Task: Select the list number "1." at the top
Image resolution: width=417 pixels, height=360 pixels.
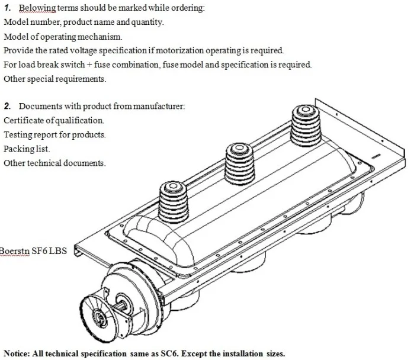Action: [8, 8]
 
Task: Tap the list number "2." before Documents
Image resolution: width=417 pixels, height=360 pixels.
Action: [8, 106]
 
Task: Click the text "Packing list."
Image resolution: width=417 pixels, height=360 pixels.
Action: [27, 149]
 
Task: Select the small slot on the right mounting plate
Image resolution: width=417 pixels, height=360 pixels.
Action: [375, 157]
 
